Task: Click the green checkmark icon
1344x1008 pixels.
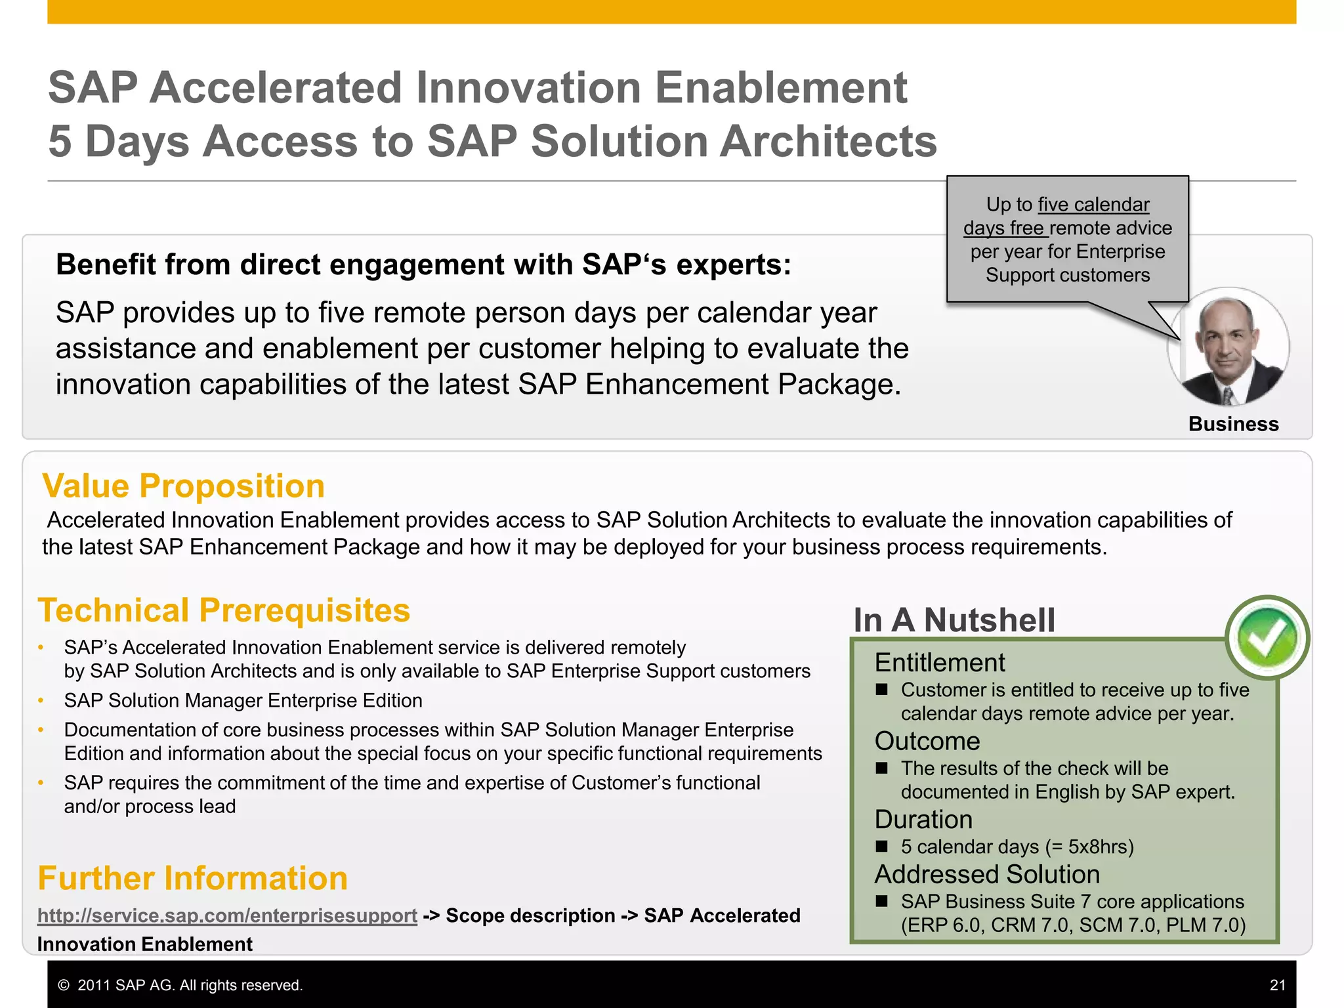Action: [1267, 637]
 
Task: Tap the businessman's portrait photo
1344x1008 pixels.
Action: [1228, 348]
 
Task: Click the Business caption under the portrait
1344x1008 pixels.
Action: [1233, 424]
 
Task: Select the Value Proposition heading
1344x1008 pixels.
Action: [183, 486]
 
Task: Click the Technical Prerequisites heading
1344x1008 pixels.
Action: [224, 610]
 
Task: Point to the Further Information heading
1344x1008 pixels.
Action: [192, 878]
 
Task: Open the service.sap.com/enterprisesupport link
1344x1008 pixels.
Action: [227, 915]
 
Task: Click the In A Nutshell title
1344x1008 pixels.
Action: [954, 620]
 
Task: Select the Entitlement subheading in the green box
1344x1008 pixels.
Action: [939, 663]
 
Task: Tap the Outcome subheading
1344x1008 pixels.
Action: [927, 741]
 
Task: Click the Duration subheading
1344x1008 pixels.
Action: [923, 820]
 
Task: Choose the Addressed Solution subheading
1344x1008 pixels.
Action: [986, 874]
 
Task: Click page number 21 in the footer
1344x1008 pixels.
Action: [1277, 985]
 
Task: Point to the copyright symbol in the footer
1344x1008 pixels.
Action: [64, 986]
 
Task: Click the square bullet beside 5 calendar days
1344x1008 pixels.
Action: [882, 847]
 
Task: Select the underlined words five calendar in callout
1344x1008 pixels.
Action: [1093, 205]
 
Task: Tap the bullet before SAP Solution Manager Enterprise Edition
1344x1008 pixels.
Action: [41, 701]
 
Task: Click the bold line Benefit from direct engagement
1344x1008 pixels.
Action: [423, 265]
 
